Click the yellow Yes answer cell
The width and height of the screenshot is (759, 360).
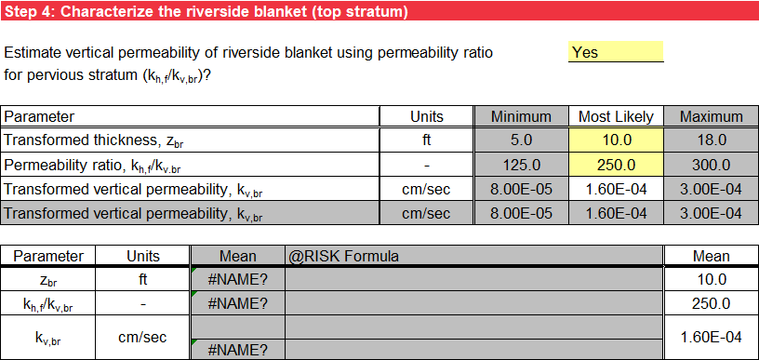pos(615,52)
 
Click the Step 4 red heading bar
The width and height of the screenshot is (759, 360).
pos(379,12)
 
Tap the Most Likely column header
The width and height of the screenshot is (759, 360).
pos(615,117)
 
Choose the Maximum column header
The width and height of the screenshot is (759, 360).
pos(711,117)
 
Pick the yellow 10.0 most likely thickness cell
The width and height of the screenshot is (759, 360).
pos(615,140)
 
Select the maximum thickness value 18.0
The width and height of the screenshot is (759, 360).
pos(711,140)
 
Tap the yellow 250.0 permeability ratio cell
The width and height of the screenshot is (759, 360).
pos(615,165)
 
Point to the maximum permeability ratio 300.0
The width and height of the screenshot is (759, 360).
pos(711,165)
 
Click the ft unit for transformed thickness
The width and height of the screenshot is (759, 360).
pos(427,140)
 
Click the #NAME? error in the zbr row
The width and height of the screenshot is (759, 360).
pos(237,279)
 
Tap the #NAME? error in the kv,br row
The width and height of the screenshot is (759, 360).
pos(237,350)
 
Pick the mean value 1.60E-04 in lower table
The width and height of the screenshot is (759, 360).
pos(711,337)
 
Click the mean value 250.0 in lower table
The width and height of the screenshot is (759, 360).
pos(711,303)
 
